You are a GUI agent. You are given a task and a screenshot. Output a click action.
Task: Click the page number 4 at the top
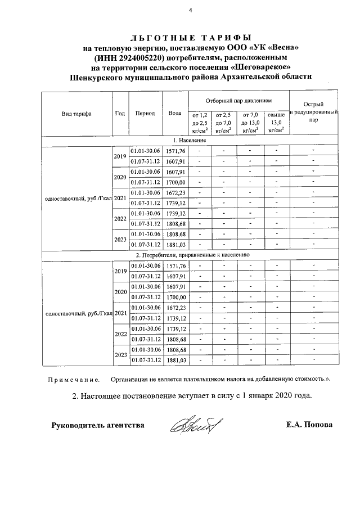click(190, 10)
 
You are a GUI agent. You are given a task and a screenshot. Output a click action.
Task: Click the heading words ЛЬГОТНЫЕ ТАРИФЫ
click(190, 38)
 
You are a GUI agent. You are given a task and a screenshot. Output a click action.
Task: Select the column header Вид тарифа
click(76, 113)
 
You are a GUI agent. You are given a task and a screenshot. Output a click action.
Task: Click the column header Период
click(145, 113)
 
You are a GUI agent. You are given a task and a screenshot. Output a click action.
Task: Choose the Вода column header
click(174, 113)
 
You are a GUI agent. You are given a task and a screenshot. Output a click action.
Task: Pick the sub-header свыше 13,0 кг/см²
click(276, 122)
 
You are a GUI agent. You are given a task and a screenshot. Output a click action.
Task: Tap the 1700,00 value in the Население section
click(174, 183)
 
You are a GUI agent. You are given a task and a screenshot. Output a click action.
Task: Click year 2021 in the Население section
click(120, 198)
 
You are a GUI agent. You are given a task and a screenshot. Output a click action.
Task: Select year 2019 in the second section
click(120, 271)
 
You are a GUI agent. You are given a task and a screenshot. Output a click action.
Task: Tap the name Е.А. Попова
click(309, 425)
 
